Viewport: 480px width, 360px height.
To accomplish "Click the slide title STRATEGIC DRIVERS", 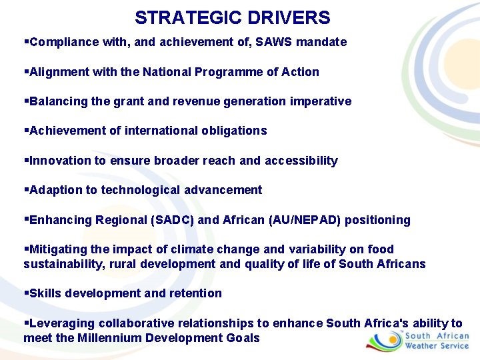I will tap(232, 17).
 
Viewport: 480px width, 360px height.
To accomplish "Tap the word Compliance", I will tap(64, 42).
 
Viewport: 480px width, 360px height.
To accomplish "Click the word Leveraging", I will tap(59, 323).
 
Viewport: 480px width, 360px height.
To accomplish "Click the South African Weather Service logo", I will tap(418, 341).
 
